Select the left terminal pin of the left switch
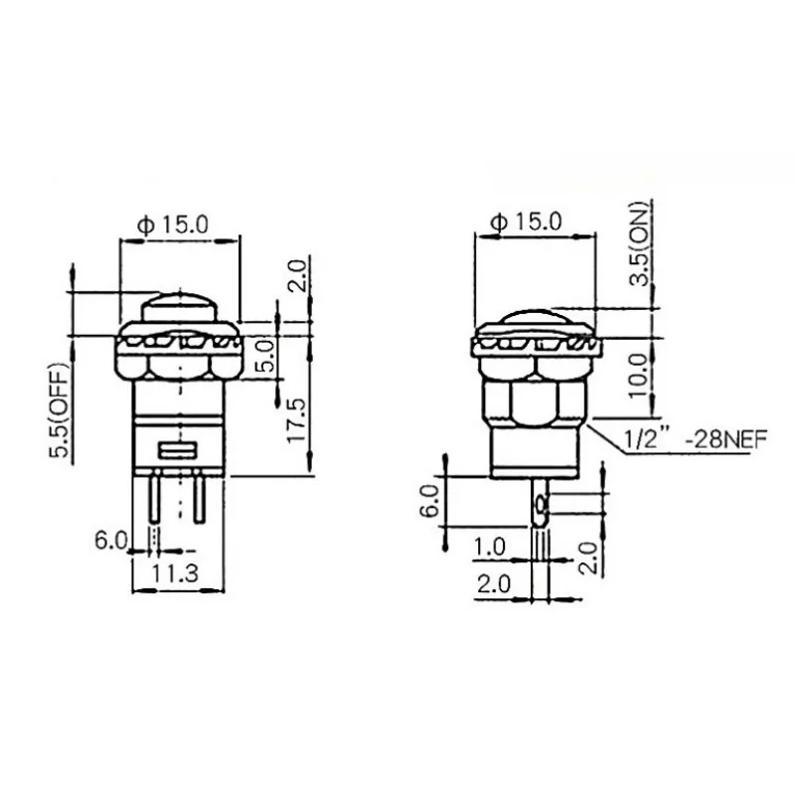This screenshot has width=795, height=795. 156,503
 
